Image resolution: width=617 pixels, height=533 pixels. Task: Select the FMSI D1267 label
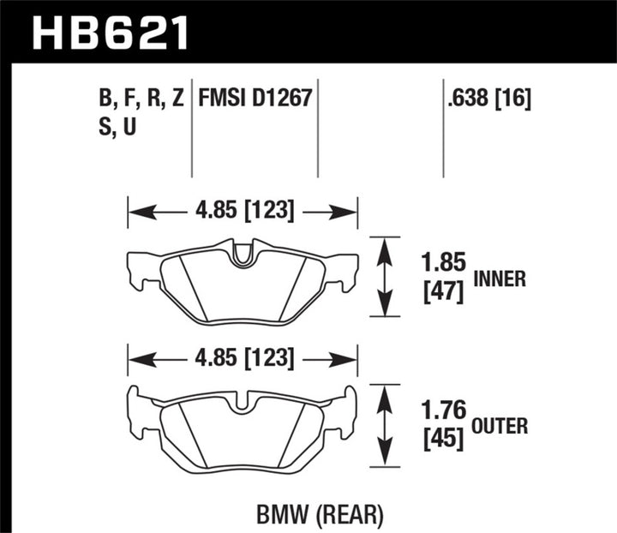point(255,99)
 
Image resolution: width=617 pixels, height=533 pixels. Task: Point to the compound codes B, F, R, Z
point(141,99)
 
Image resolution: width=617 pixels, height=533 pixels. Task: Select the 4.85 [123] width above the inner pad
point(243,210)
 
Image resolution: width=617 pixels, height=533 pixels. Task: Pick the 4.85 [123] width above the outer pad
point(243,357)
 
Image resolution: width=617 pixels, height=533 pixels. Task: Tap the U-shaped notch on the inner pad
point(243,253)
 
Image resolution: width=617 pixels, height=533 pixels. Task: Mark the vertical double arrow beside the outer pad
point(386,426)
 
